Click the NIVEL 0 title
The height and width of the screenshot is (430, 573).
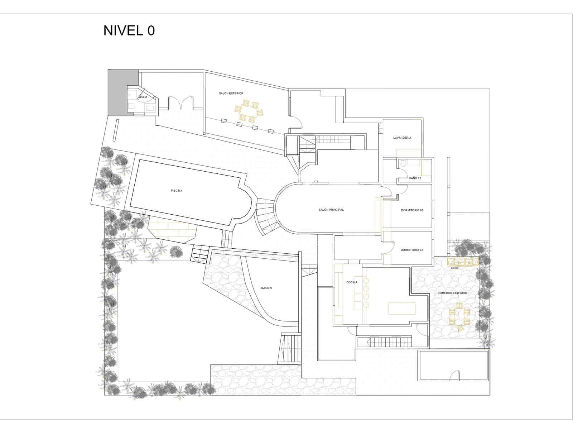pos(129,31)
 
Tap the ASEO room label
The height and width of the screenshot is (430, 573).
pos(143,97)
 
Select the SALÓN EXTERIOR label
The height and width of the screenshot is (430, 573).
pos(231,94)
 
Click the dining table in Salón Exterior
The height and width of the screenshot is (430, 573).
pos(250,112)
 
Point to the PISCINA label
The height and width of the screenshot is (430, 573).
pos(176,191)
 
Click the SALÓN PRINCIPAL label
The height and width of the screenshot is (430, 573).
pos(331,210)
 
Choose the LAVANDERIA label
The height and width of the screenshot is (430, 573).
pos(402,138)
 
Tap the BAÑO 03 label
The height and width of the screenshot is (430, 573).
pos(415,178)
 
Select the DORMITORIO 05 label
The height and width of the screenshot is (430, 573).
pos(412,210)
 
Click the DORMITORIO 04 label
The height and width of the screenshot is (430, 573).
pos(411,250)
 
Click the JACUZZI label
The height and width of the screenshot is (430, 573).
pos(266,288)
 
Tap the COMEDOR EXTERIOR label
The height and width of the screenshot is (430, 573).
pos(452,293)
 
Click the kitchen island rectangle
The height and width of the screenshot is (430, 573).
pos(403,308)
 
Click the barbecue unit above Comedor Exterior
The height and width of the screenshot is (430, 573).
pos(463,262)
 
